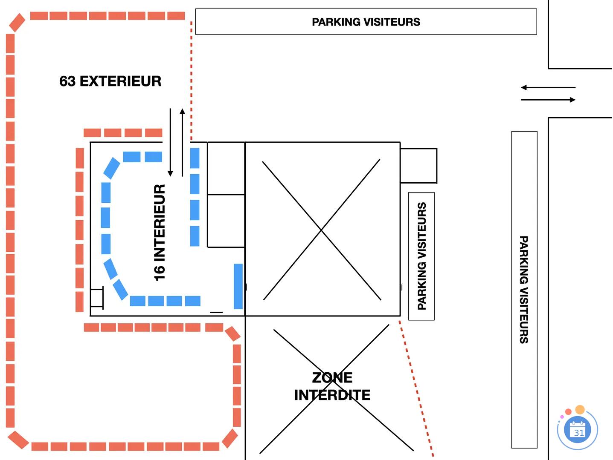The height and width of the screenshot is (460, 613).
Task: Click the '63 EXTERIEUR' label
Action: (x=110, y=81)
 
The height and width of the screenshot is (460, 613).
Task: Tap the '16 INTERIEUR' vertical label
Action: (x=160, y=232)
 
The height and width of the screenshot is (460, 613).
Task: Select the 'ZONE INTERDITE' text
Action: (x=332, y=386)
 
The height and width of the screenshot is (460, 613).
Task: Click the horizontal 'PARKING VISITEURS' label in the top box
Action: (x=366, y=22)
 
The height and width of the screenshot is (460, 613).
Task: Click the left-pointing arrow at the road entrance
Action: (x=548, y=88)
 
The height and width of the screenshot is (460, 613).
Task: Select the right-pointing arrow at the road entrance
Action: (x=548, y=100)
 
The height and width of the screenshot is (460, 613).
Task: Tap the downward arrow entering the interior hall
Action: (x=170, y=142)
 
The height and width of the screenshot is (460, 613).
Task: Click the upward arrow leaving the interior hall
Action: (x=182, y=142)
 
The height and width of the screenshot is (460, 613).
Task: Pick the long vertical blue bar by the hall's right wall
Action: (x=238, y=286)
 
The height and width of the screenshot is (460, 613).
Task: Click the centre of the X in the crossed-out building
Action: (x=322, y=230)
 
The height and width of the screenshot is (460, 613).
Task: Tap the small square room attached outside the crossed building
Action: (x=418, y=166)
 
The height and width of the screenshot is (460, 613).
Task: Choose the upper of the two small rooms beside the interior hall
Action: (x=226, y=168)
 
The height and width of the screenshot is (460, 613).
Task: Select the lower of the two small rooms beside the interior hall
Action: (x=226, y=221)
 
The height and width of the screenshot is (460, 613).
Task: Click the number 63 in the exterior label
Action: (x=67, y=81)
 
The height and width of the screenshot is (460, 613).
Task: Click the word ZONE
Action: (x=332, y=378)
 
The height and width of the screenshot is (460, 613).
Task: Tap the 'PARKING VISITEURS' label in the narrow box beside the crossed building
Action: (x=422, y=256)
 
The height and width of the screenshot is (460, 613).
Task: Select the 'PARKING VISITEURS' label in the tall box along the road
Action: (x=524, y=289)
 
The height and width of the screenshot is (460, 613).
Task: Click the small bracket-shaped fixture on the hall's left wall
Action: (x=97, y=298)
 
